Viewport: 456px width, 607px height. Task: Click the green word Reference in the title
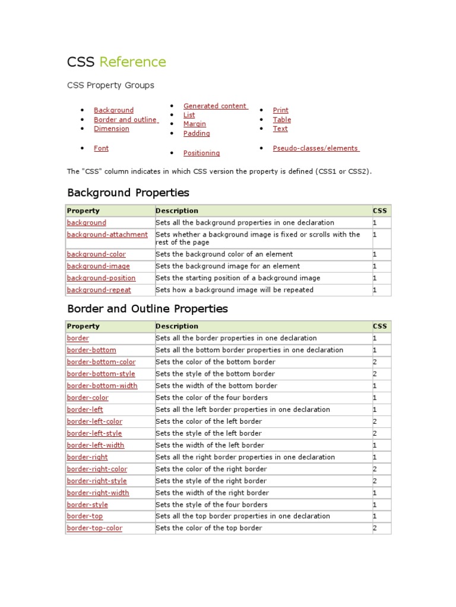(132, 62)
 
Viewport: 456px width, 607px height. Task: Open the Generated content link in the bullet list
(215, 106)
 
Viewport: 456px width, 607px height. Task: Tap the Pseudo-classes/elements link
(315, 148)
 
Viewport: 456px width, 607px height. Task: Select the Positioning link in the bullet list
(201, 153)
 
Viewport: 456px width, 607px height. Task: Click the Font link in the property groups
(101, 148)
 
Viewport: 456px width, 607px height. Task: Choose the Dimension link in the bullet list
(111, 129)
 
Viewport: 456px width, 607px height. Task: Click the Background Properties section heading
(128, 193)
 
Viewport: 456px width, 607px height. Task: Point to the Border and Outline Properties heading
(147, 309)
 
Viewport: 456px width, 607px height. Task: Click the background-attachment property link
(107, 235)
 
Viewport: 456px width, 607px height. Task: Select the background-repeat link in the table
(99, 290)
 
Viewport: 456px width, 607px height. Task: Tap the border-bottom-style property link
(100, 374)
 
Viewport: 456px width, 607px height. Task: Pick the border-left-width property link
(96, 445)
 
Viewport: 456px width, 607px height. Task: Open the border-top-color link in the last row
(94, 528)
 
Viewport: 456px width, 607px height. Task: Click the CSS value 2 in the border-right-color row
(375, 469)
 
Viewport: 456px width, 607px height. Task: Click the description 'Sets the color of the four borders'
(211, 398)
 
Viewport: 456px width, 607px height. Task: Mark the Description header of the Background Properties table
(177, 211)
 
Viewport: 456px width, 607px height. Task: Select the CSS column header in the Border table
(379, 326)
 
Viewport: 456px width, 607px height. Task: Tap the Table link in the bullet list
(281, 120)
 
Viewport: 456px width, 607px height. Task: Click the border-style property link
(87, 504)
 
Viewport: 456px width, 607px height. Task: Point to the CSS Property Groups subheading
(110, 85)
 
